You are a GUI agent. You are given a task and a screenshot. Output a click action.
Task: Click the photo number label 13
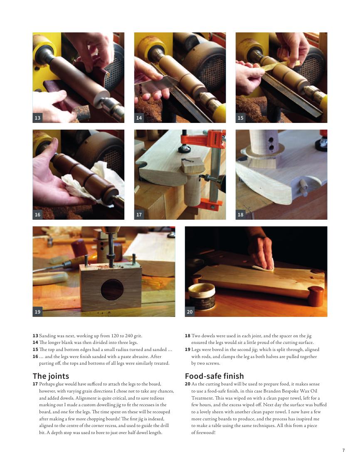coord(37,118)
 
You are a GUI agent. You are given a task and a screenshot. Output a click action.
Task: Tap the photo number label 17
coord(139,215)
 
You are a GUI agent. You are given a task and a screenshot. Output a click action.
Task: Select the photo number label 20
coord(190,312)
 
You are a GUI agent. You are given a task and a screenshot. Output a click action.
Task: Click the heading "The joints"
coord(51,376)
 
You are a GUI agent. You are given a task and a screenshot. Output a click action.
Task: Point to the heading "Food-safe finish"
coord(214,376)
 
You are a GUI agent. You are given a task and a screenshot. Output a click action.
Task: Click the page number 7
coord(344,450)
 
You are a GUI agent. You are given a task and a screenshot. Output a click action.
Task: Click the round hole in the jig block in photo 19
coord(112,290)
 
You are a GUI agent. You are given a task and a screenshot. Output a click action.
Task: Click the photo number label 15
coord(240,118)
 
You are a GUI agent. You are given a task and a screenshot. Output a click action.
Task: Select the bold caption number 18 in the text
coord(187,336)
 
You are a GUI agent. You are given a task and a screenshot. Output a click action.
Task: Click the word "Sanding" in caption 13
coord(47,336)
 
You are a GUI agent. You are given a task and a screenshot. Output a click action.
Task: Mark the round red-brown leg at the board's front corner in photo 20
coord(316,296)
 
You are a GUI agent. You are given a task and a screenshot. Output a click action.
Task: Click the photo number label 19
coord(37,312)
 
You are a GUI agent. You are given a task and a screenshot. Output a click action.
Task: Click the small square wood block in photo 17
coord(192,166)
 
